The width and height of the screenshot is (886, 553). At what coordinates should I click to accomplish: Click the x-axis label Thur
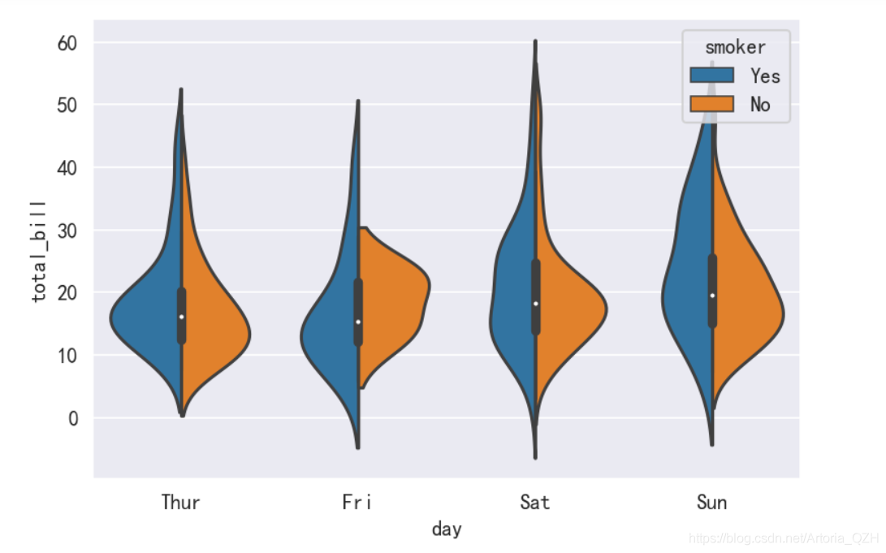(180, 502)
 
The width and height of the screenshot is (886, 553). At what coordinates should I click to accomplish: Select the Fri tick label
(357, 502)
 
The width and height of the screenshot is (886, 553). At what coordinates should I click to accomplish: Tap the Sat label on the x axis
(534, 502)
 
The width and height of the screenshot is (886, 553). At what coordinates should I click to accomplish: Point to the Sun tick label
(711, 502)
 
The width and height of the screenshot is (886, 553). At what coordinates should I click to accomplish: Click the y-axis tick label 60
(69, 42)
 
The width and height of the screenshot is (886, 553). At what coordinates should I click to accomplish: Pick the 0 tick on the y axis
(75, 418)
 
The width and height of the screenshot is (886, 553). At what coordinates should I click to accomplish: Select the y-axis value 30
(69, 231)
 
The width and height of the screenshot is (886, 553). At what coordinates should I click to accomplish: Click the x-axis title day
(447, 529)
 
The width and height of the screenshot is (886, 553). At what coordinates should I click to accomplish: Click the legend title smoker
(736, 46)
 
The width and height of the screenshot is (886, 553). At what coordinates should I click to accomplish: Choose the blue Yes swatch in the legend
(712, 76)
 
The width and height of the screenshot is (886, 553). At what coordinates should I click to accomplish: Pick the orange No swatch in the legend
(712, 104)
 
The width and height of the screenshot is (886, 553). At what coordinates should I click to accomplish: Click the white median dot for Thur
(181, 317)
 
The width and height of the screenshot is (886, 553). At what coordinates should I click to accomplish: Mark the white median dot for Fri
(358, 322)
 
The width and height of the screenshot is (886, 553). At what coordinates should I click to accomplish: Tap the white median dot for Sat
(535, 304)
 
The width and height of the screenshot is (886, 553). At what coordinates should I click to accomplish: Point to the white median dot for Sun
(712, 296)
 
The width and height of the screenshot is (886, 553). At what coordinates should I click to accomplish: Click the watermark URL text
(784, 538)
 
